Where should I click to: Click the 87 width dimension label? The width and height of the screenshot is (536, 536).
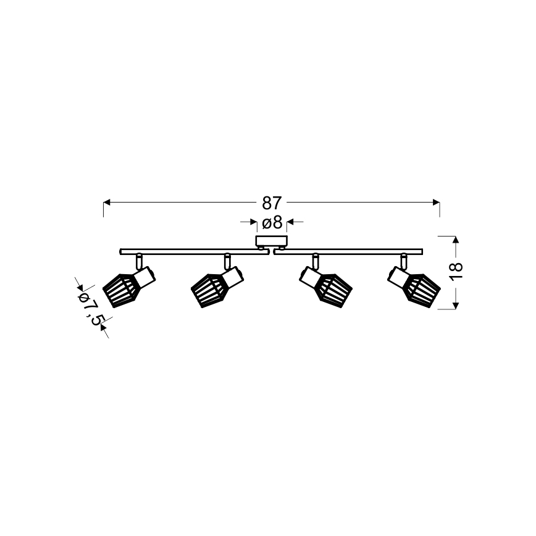point(272,203)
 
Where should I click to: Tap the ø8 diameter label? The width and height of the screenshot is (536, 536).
point(272,223)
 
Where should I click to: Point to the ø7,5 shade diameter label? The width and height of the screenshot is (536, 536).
point(91,308)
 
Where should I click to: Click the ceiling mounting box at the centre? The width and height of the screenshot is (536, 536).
point(272,241)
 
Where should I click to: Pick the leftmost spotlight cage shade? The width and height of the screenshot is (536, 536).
point(120,290)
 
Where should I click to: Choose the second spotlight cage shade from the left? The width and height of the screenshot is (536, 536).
point(207,290)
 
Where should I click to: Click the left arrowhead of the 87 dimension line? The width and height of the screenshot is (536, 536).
point(107,203)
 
